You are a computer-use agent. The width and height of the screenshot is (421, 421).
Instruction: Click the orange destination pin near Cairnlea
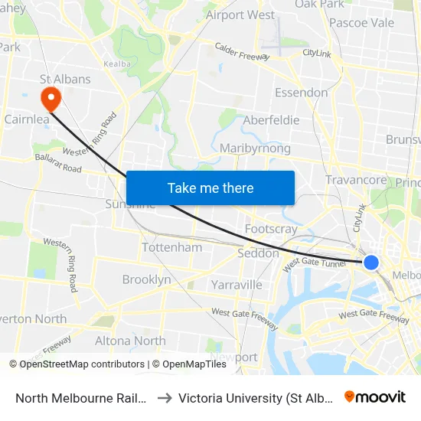pyautogui.click(x=51, y=98)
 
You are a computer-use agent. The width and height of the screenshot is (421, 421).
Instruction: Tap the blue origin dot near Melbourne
pyautogui.click(x=370, y=263)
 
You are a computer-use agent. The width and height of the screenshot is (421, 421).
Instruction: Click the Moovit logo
pyautogui.click(x=375, y=397)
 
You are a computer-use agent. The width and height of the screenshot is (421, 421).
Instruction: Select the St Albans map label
pyautogui.click(x=65, y=79)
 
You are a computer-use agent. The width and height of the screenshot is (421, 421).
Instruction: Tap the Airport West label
pyautogui.click(x=240, y=15)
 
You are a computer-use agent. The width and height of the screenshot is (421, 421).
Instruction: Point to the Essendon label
pyautogui.click(x=301, y=93)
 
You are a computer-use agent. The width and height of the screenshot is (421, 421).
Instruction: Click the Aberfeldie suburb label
pyautogui.click(x=271, y=120)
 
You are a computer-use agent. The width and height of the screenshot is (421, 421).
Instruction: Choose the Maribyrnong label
pyautogui.click(x=255, y=148)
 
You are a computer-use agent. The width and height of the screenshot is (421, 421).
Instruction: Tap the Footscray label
pyautogui.click(x=271, y=229)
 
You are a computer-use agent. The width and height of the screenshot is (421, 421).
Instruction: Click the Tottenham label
pyautogui.click(x=172, y=247)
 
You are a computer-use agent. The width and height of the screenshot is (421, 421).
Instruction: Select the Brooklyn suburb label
pyautogui.click(x=147, y=279)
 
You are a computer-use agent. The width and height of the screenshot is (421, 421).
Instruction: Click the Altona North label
pyautogui.click(x=130, y=341)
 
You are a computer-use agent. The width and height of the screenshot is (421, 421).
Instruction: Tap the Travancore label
pyautogui.click(x=356, y=180)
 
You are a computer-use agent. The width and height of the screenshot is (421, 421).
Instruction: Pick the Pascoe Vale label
pyautogui.click(x=361, y=22)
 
